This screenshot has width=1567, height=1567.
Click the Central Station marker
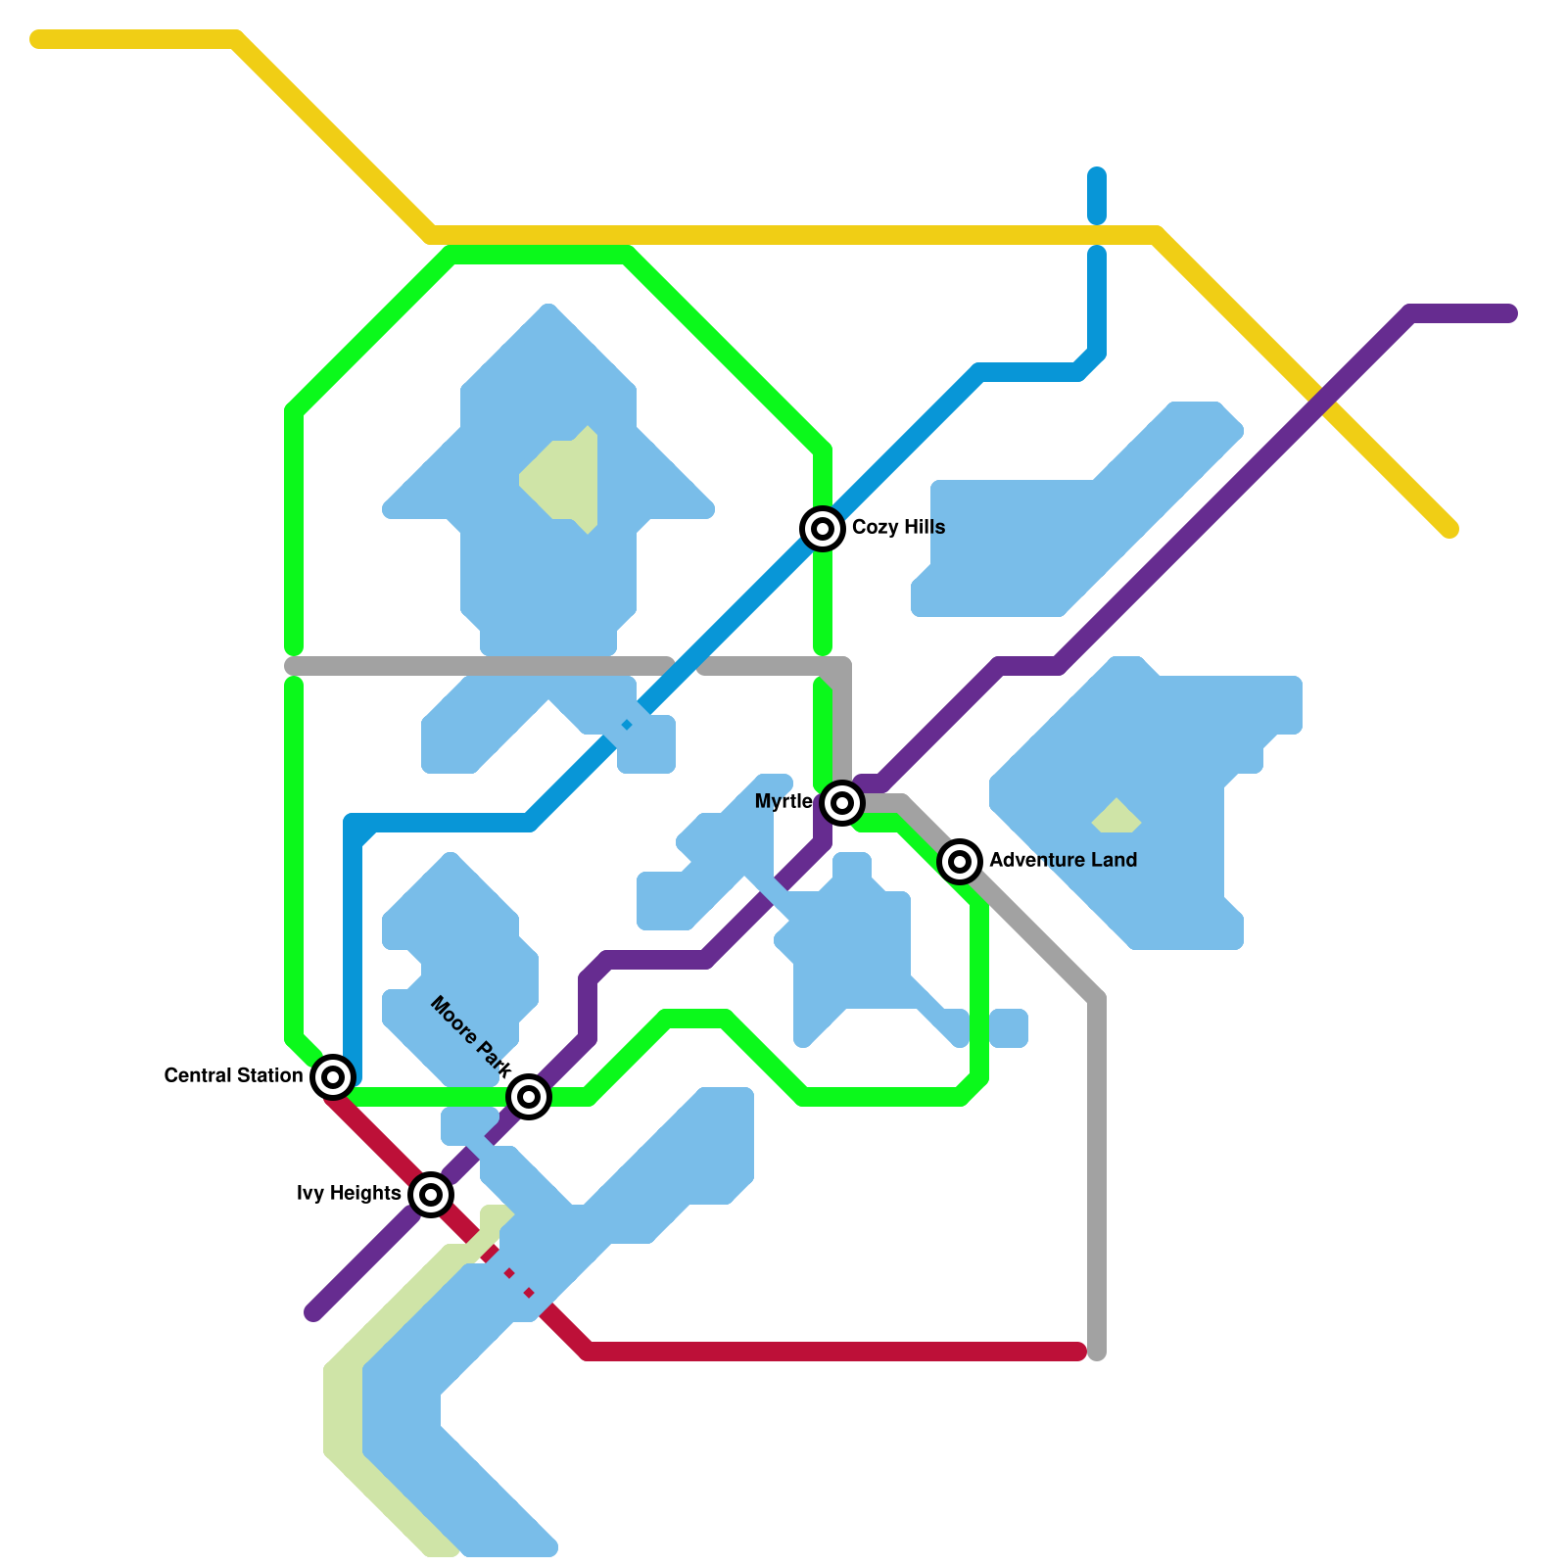point(333,1077)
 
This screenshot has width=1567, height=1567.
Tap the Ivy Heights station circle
point(431,1195)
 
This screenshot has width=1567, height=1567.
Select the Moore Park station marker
point(529,1097)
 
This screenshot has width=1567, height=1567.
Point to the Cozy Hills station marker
point(823,529)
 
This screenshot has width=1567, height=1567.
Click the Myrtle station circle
point(842,803)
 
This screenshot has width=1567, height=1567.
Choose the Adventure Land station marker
point(960,862)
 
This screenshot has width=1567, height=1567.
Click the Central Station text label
point(233,1075)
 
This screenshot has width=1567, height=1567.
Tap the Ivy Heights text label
point(349,1193)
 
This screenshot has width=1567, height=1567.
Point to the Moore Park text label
point(471,1037)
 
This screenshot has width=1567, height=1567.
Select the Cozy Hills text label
point(898,527)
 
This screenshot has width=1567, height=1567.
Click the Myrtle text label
point(783,801)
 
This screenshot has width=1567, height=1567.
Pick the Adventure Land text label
point(1063,860)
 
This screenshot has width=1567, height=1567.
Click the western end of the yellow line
point(37,39)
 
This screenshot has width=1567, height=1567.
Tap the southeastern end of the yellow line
point(1450,530)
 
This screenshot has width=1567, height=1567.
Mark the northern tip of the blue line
point(1097,176)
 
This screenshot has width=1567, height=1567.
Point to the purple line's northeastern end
point(1509,313)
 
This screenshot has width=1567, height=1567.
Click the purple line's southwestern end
point(313,1312)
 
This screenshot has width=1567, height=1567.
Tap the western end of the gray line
point(292,666)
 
